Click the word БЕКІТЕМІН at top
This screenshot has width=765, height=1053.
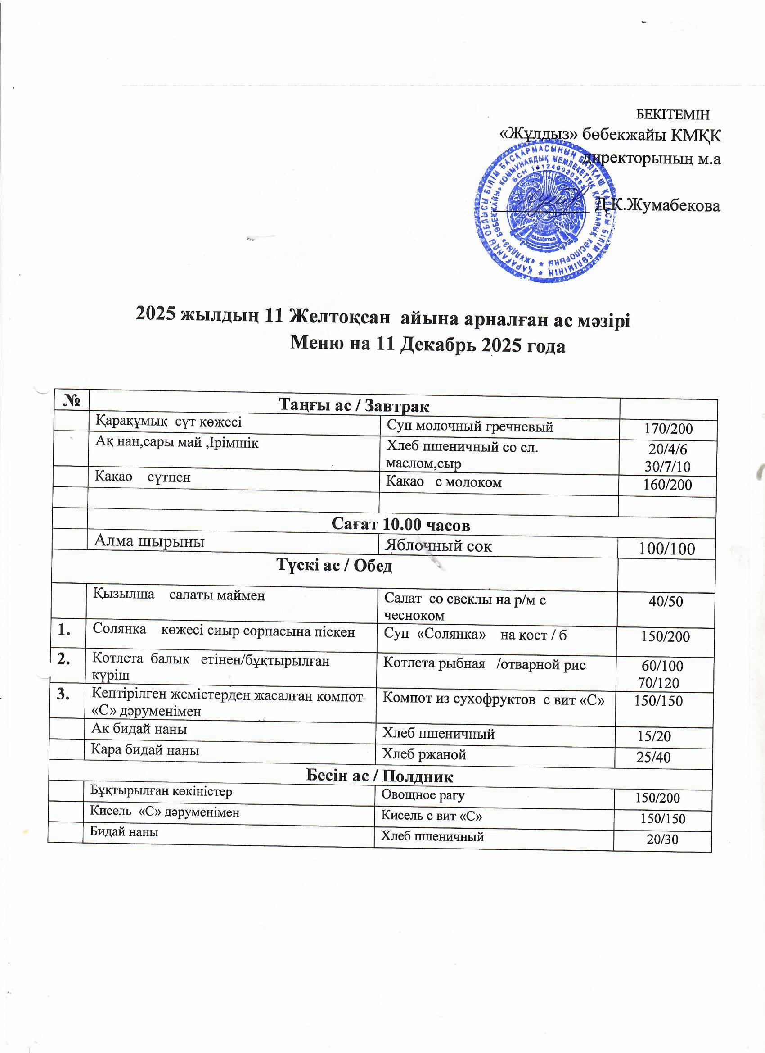pos(672,114)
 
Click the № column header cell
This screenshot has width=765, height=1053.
pos(71,400)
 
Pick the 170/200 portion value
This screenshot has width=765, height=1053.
pos(669,428)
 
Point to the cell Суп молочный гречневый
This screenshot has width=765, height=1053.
pos(470,426)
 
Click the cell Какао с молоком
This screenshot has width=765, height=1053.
pos(444,482)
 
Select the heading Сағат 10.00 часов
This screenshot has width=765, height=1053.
pos(401,525)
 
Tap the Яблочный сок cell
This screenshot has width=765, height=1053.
pos(439,546)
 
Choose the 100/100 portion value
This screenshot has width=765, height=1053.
pos(666,549)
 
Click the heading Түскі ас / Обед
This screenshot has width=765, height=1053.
pos(334,566)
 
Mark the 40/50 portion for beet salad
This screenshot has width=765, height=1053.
pos(666,602)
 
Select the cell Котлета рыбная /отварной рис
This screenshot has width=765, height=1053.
pos(484,665)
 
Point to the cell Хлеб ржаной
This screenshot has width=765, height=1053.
pos(423,754)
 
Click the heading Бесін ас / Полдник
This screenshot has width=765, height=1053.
pos(379,776)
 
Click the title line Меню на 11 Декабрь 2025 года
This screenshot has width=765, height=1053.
pos(427,345)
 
